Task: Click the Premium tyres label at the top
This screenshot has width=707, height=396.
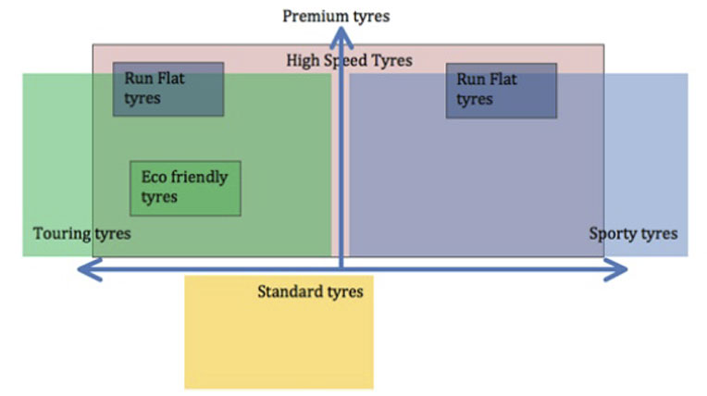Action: (336, 16)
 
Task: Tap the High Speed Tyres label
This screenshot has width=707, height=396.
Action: (349, 61)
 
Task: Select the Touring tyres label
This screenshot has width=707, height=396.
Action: (81, 233)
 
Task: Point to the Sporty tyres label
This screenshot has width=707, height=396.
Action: (633, 233)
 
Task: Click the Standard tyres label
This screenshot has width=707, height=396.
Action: (310, 292)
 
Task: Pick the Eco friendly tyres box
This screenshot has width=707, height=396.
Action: (185, 188)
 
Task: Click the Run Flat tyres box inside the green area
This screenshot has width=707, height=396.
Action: (168, 89)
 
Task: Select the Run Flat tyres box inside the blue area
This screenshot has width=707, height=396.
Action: (501, 90)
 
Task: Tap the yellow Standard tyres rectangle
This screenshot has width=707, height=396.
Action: (278, 342)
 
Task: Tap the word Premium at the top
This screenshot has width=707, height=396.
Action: (313, 16)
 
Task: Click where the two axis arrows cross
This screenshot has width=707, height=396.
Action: (342, 270)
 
